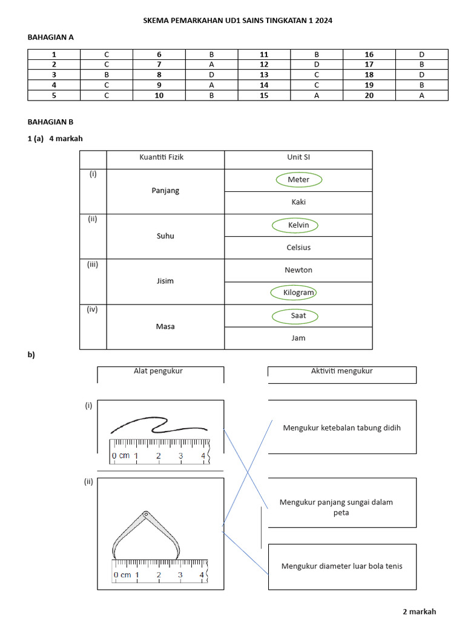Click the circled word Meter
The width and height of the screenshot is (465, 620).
click(x=298, y=180)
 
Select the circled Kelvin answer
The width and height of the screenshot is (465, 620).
click(x=298, y=225)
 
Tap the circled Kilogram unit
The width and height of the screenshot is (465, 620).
click(x=298, y=293)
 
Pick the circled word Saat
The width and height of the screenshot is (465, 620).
click(x=298, y=315)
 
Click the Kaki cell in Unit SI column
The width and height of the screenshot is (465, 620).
click(x=298, y=202)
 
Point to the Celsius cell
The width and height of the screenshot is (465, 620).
click(x=298, y=248)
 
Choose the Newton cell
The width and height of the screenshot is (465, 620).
click(x=298, y=270)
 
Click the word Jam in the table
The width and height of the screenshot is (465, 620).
click(x=298, y=338)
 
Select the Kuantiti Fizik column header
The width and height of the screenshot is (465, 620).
click(x=165, y=157)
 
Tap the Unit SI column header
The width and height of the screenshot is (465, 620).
click(x=298, y=157)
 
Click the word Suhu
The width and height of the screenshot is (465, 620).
click(x=165, y=236)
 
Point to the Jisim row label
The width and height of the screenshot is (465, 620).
click(x=165, y=282)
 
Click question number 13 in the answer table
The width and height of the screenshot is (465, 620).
click(x=264, y=75)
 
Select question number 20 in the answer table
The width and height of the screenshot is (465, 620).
click(x=369, y=96)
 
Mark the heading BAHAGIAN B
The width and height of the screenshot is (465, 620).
click(x=50, y=121)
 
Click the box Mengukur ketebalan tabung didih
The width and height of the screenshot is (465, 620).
click(x=342, y=427)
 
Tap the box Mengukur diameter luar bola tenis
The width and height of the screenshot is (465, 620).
click(x=342, y=567)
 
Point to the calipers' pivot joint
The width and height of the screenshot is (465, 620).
click(x=145, y=515)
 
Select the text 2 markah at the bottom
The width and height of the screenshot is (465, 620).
click(x=419, y=612)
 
